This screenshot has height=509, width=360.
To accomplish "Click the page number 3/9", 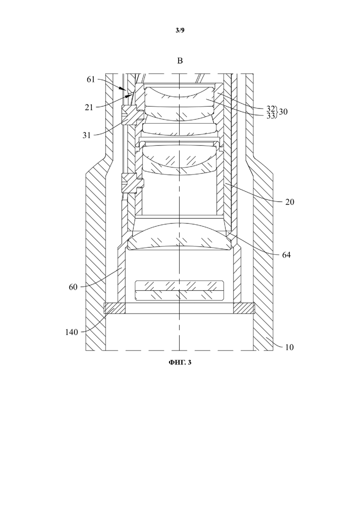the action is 180,30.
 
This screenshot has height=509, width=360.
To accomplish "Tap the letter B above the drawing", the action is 180,61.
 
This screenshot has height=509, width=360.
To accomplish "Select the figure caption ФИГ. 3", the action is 180,362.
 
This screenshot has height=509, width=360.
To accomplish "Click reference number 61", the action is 91,79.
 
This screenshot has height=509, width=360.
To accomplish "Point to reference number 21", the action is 89,107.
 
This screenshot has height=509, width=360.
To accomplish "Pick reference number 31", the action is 86,135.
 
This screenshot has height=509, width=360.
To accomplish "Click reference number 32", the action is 271,108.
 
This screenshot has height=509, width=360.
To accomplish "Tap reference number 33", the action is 271,115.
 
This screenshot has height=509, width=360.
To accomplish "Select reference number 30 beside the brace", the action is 283,112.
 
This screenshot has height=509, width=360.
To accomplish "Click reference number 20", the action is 289,202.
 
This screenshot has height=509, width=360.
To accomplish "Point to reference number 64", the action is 286,255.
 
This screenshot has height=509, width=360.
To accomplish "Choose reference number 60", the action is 73,287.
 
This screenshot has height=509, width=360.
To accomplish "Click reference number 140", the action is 72,332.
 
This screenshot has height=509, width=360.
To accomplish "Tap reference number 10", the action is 289,347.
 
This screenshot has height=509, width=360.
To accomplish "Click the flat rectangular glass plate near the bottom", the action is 180,291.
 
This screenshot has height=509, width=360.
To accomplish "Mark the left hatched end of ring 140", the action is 114,308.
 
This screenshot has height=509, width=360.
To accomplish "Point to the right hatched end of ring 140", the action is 244,308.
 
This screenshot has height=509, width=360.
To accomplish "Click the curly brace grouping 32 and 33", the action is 277,112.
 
